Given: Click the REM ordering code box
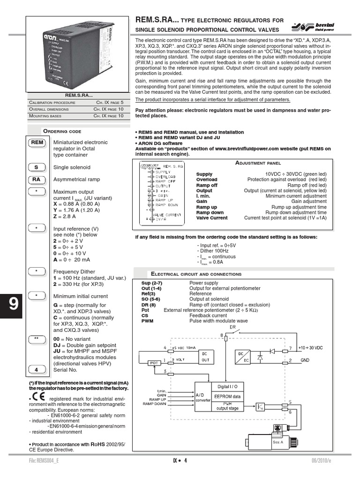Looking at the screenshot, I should point(37,142).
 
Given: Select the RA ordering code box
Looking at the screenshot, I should point(37,179).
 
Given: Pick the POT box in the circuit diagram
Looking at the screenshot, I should point(154,363).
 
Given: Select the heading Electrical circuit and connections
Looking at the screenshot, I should point(196,274).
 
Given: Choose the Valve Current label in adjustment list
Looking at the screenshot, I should point(212,218).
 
